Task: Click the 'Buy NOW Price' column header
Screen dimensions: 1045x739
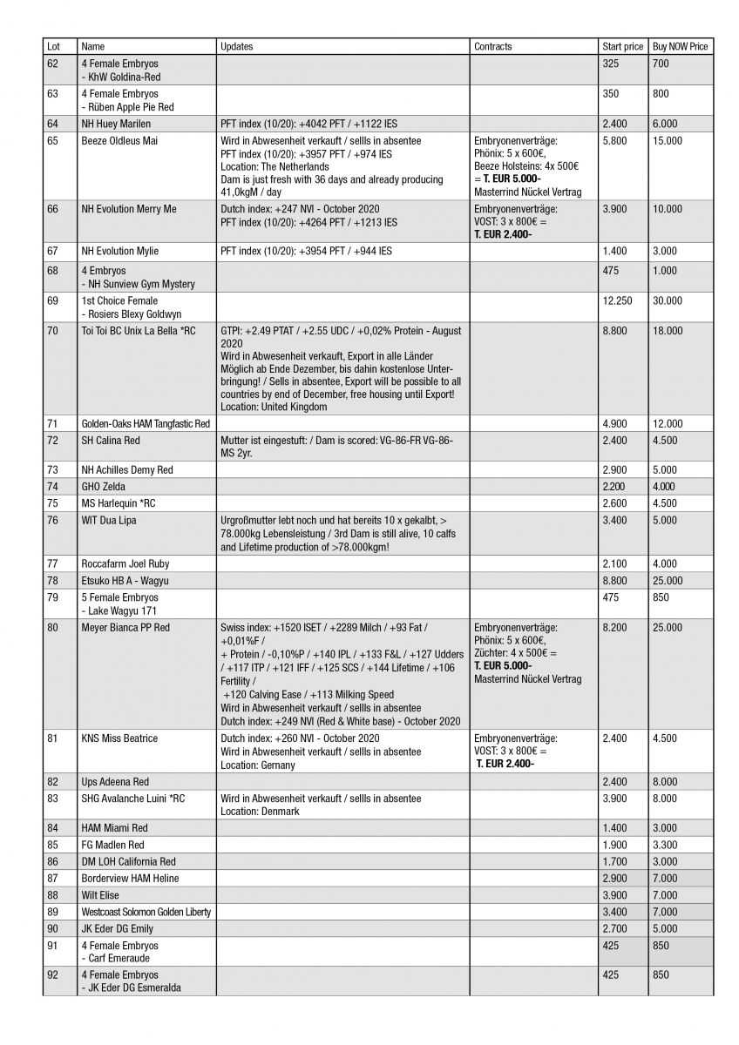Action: (680, 46)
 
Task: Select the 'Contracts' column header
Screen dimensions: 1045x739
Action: (493, 46)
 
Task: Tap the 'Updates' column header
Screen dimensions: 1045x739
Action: (237, 46)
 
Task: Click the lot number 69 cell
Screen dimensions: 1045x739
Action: (52, 300)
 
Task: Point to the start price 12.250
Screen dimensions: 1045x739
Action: (617, 300)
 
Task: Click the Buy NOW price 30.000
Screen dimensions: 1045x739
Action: (668, 300)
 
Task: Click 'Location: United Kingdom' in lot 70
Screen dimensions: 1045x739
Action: (273, 406)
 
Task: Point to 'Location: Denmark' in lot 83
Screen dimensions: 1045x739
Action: (260, 811)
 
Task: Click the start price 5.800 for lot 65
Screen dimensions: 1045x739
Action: (614, 139)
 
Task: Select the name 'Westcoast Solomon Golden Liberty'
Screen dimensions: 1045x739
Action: (146, 912)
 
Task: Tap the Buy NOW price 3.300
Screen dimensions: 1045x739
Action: (664, 845)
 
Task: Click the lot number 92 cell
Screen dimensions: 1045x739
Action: (52, 975)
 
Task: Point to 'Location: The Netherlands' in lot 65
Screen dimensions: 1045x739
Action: (275, 166)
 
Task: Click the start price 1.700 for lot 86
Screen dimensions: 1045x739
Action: (614, 861)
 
